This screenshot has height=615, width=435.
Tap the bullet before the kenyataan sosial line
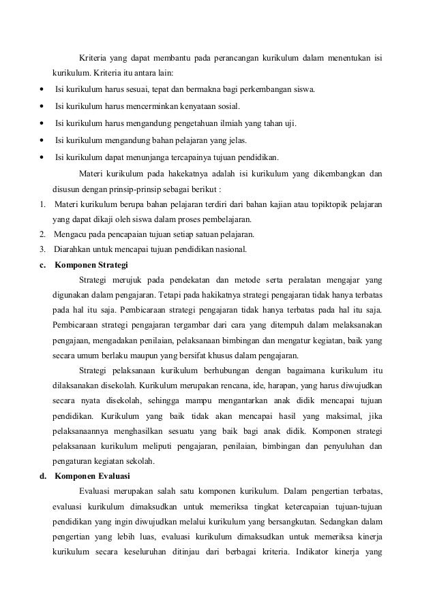43,107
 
